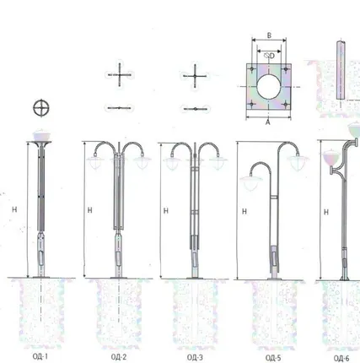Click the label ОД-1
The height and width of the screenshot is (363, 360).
point(40,356)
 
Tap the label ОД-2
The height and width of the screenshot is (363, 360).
point(119,357)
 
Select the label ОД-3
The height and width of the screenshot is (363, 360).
point(195,357)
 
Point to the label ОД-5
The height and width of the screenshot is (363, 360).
point(273,358)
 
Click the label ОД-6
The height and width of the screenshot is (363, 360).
point(341,358)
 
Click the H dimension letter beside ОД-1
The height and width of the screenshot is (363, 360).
point(14,209)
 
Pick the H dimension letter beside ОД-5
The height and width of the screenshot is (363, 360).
point(244,211)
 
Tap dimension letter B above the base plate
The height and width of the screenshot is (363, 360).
point(269,35)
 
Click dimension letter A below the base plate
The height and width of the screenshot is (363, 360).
point(268,122)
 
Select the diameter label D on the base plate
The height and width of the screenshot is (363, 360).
point(271,56)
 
